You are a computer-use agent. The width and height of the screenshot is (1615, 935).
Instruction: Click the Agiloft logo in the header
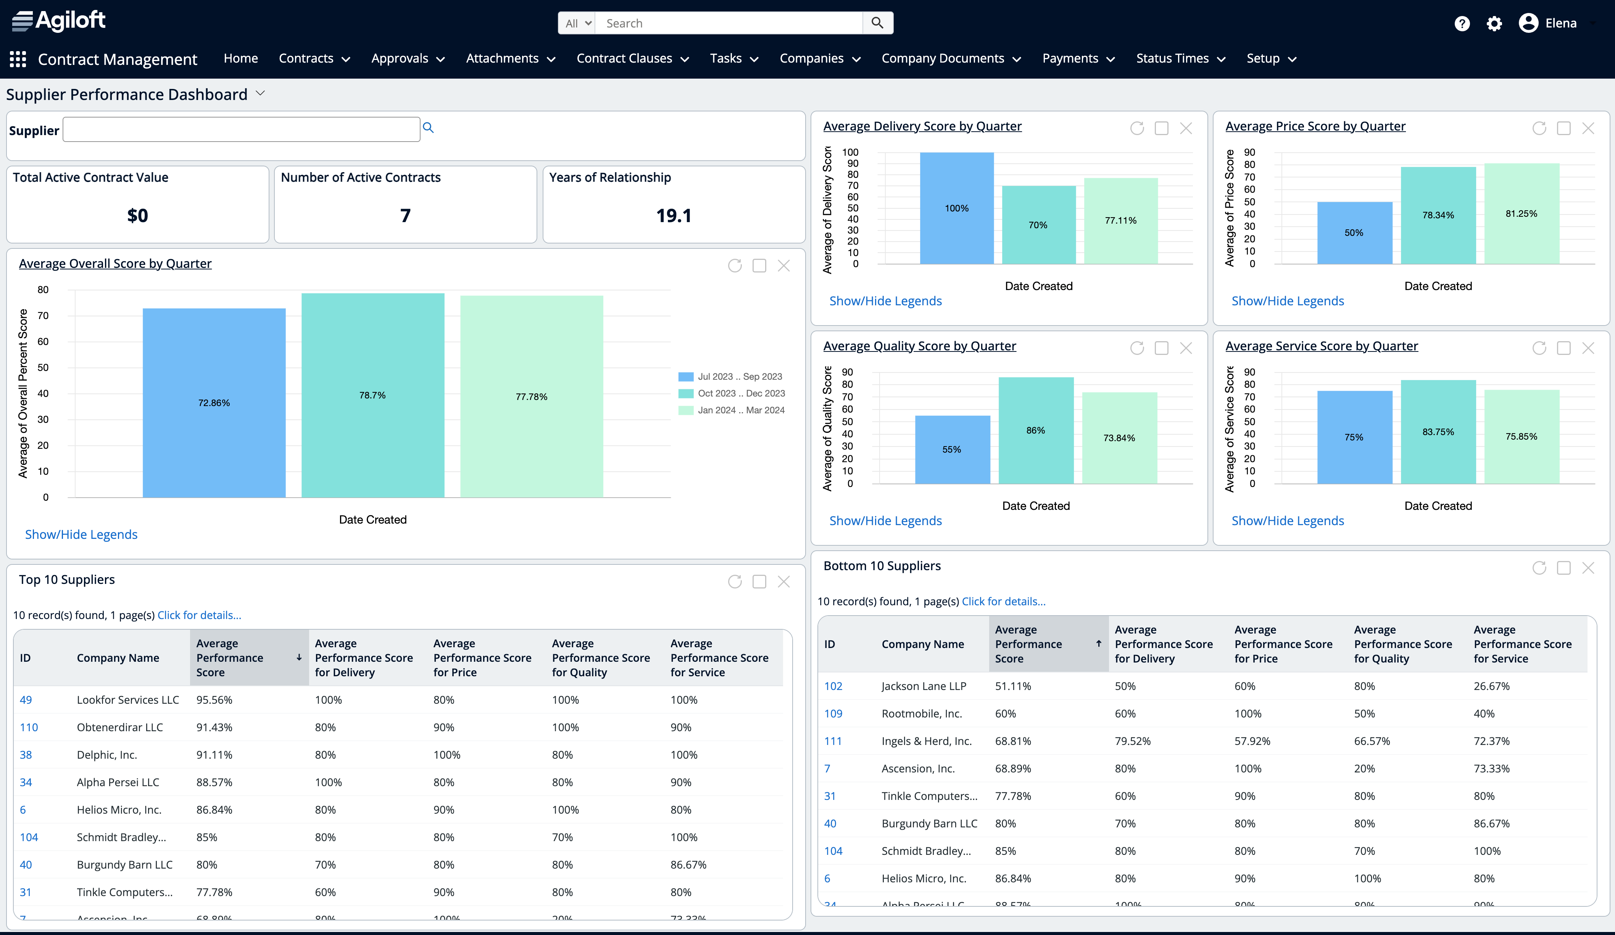tap(59, 21)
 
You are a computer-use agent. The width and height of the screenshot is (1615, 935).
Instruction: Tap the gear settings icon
tap(1494, 24)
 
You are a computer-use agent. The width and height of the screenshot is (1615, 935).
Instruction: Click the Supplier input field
tap(241, 129)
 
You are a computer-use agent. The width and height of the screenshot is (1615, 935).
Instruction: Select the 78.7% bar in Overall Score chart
tap(372, 395)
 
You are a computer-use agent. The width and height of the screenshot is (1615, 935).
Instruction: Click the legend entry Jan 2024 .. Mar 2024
tap(740, 410)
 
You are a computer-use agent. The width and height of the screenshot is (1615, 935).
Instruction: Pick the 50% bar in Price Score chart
tap(1354, 233)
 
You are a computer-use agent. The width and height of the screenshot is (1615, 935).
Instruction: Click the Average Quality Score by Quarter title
tap(919, 346)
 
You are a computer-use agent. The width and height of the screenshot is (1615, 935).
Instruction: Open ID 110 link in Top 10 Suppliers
tap(29, 727)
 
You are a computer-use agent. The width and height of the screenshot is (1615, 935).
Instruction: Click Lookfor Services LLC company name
tap(127, 700)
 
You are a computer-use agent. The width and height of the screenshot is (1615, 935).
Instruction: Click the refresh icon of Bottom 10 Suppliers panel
tap(1539, 568)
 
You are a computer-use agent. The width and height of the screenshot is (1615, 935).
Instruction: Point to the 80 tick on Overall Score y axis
tap(43, 290)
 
